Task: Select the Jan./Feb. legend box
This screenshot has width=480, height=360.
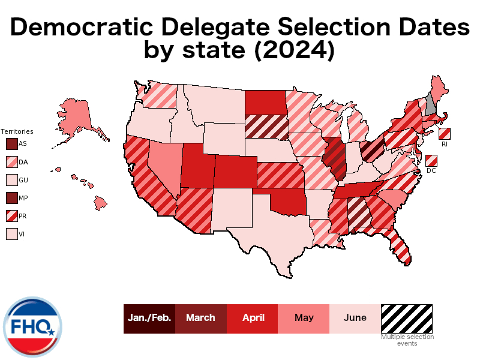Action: [x=149, y=318]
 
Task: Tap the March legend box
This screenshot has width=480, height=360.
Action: [x=200, y=318]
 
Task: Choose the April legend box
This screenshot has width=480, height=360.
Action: [x=252, y=318]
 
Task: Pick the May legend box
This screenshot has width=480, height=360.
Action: [x=304, y=318]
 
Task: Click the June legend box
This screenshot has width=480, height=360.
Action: [x=355, y=318]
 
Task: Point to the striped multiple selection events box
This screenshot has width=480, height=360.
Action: [x=407, y=318]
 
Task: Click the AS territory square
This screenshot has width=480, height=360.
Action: [x=11, y=144]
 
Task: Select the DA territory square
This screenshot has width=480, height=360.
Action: [x=11, y=162]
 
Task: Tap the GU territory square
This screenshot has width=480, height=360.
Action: [x=11, y=180]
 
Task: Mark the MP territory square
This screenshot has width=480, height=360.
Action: [x=11, y=198]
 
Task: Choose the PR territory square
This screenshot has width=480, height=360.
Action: [x=11, y=216]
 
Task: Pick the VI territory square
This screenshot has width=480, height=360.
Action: [x=11, y=234]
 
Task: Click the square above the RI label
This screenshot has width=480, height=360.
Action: [x=445, y=134]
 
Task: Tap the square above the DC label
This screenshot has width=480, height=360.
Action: [x=431, y=160]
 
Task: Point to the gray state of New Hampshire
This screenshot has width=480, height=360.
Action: [x=430, y=103]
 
